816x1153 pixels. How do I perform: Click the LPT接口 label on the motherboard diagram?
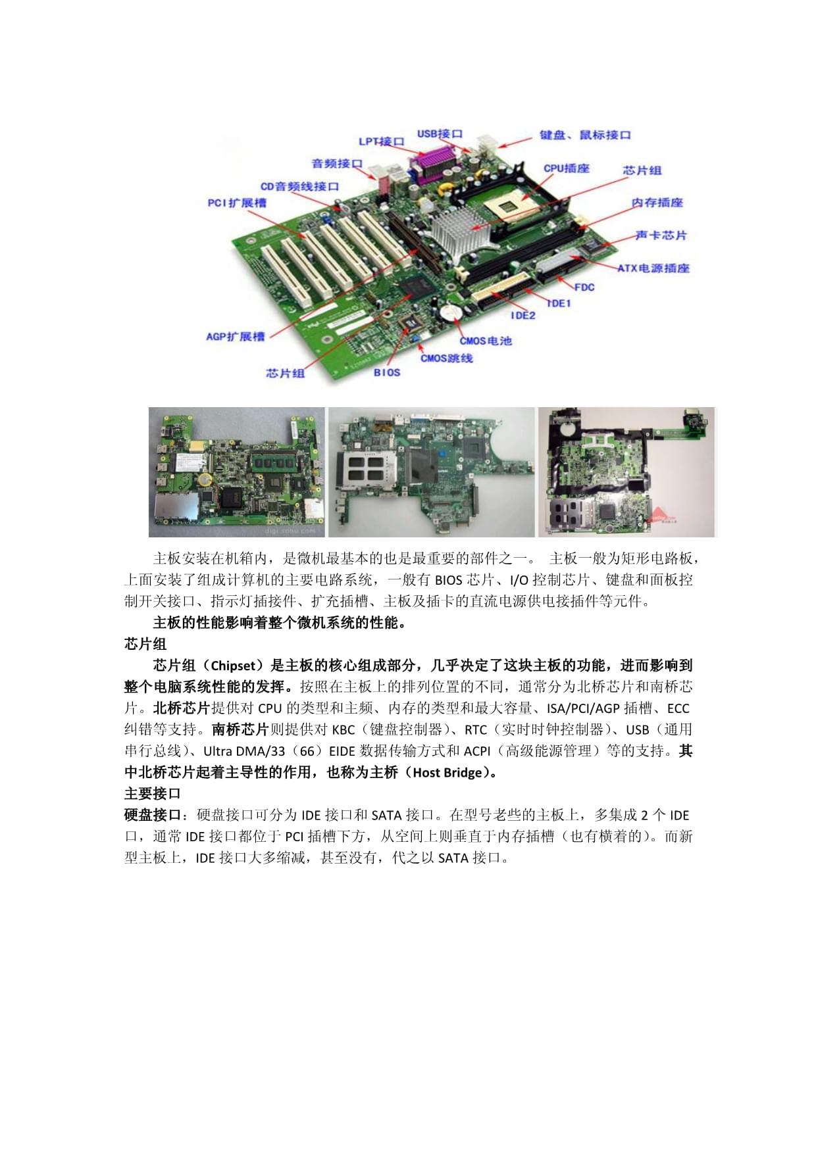(x=381, y=141)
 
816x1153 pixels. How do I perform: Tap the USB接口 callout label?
(x=440, y=134)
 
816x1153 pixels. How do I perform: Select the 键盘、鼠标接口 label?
(x=585, y=135)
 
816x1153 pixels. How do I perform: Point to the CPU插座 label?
(x=566, y=168)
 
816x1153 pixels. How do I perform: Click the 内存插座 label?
(x=657, y=203)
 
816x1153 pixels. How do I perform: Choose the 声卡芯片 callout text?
(x=661, y=235)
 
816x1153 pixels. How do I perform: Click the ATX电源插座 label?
(x=653, y=268)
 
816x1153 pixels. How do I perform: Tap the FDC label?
(x=584, y=287)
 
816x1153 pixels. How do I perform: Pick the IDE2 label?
(x=523, y=316)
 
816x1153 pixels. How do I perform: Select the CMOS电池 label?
(x=485, y=341)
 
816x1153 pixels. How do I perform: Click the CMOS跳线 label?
(x=446, y=358)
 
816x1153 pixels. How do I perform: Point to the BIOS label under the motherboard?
(x=386, y=372)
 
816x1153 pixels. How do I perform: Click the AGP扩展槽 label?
(x=235, y=337)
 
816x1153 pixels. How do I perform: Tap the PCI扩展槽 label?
(x=237, y=203)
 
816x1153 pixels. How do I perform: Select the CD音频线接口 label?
(x=299, y=187)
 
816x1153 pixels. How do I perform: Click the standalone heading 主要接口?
(x=152, y=793)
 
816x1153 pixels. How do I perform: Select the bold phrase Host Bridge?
(x=447, y=773)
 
